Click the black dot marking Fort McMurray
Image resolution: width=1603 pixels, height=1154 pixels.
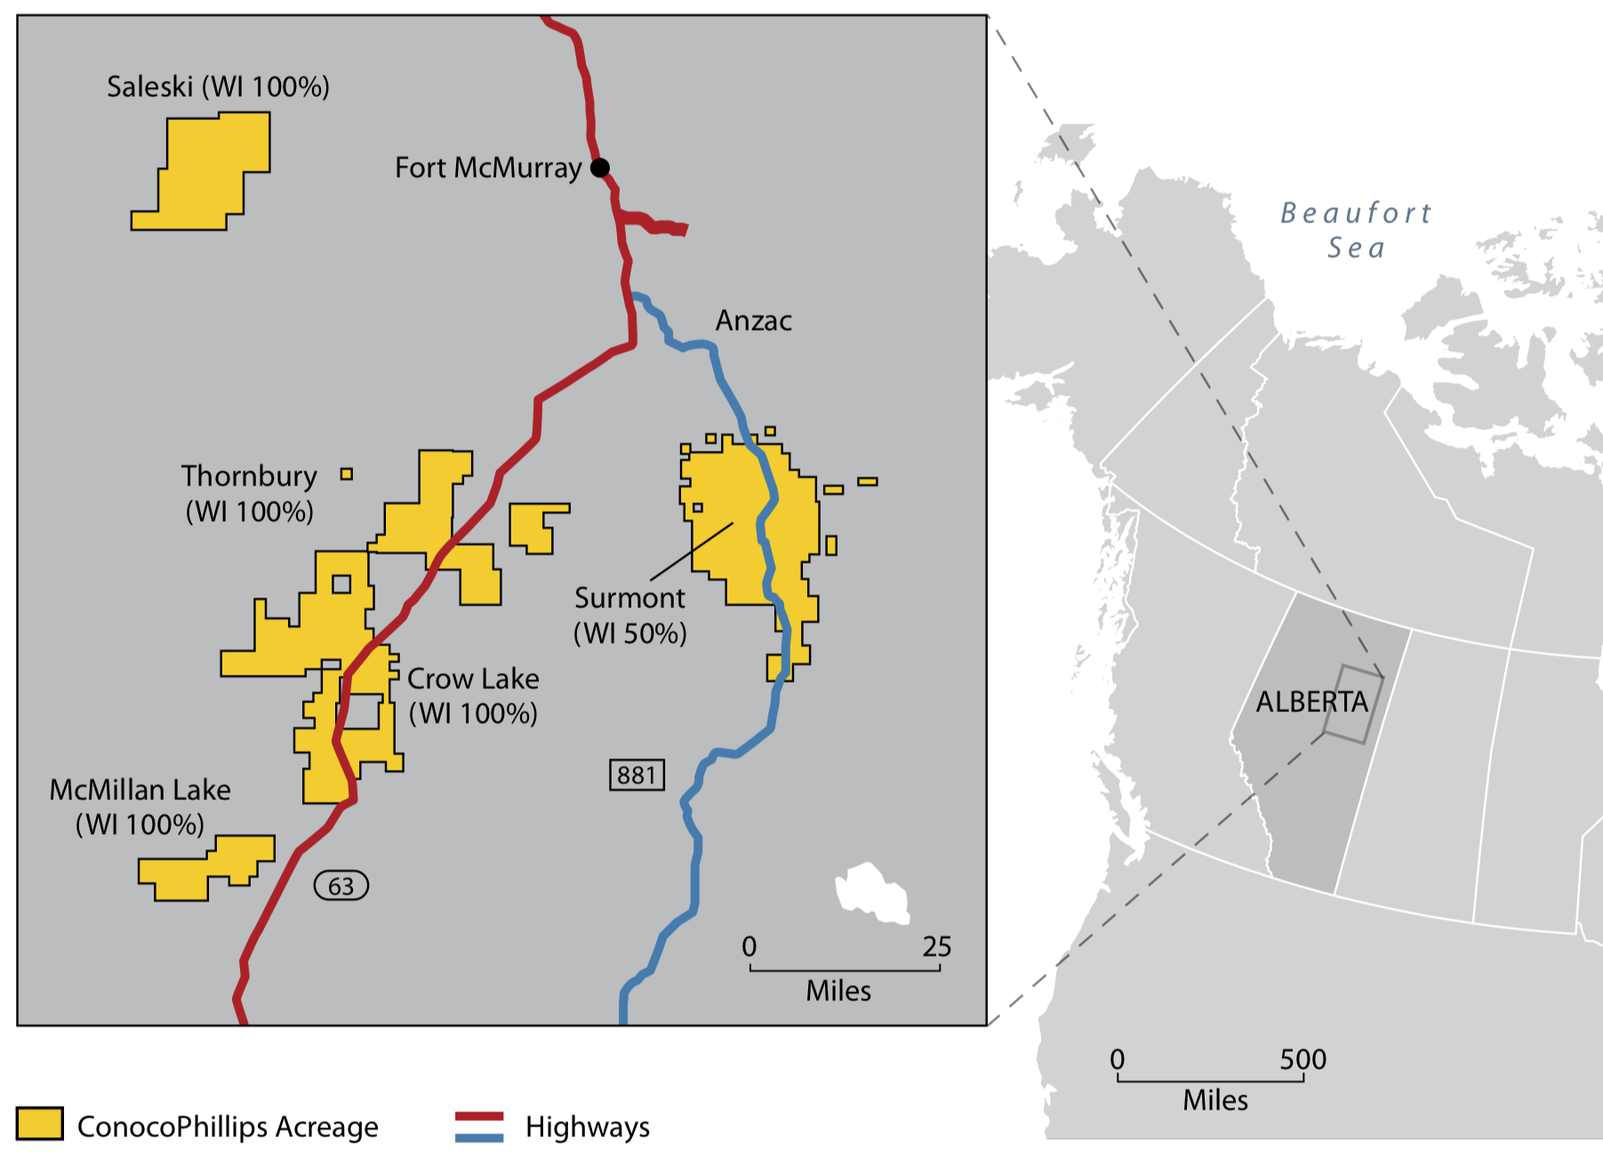[600, 167]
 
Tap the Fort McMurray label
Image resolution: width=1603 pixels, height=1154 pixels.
[487, 168]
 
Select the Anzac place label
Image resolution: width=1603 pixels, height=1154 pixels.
[753, 321]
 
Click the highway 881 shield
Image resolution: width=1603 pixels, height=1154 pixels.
[637, 775]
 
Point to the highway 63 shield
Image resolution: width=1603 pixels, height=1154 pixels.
[341, 886]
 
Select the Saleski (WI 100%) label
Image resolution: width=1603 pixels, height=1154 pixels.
[218, 87]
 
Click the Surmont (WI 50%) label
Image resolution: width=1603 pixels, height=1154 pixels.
[629, 615]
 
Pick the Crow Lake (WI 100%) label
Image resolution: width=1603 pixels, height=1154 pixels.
[473, 696]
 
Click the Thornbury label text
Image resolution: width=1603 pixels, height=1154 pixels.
[249, 477]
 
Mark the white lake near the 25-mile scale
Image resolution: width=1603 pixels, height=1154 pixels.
[871, 893]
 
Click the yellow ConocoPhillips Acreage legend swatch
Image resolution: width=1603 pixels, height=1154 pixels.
[40, 1124]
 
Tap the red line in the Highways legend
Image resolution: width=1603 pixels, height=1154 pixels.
[479, 1117]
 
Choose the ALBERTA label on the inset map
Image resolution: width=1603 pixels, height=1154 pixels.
[1311, 702]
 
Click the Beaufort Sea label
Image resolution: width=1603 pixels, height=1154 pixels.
[1356, 230]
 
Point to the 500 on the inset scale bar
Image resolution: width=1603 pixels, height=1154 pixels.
[1302, 1060]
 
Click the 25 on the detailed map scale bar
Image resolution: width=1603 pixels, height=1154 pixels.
[936, 947]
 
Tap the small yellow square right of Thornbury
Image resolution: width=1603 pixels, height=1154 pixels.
[347, 475]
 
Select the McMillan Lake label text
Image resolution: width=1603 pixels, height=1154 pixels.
[140, 790]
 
